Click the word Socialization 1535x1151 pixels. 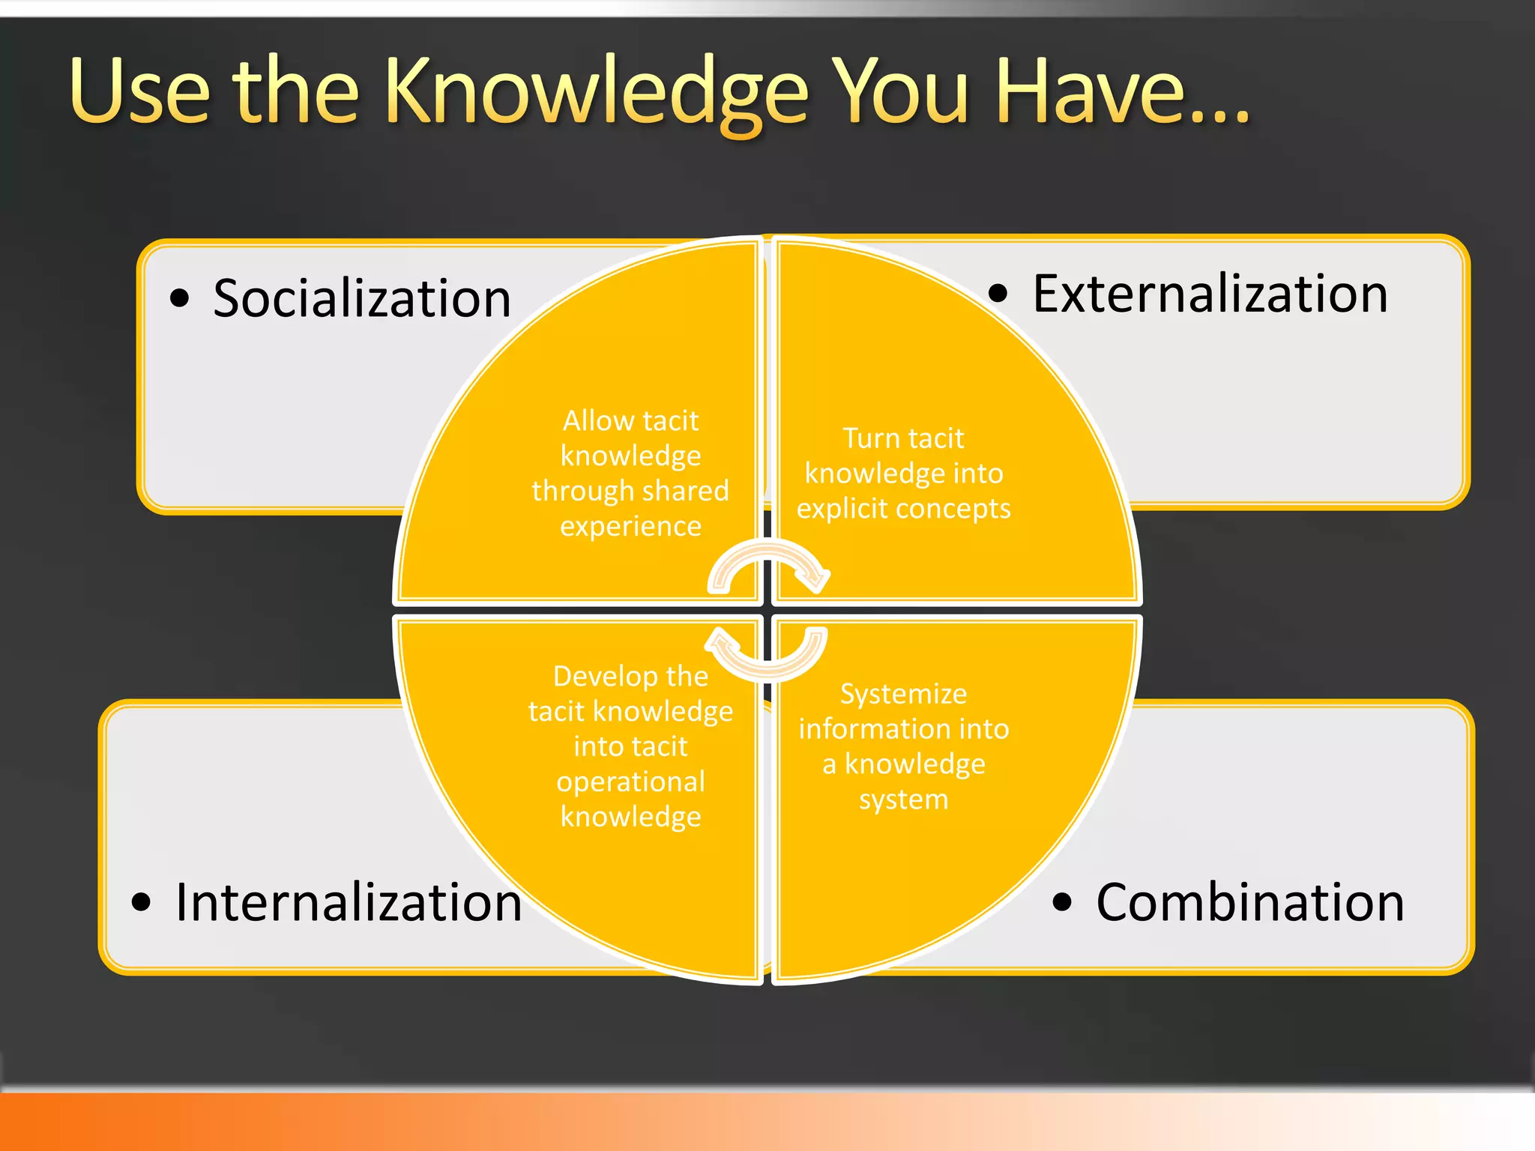[x=362, y=298]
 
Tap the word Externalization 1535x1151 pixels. [x=1210, y=293]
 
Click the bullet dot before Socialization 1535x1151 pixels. [x=180, y=298]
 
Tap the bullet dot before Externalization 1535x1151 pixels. [x=998, y=293]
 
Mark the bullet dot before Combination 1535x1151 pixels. [x=1062, y=901]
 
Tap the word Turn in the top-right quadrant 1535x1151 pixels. [x=870, y=438]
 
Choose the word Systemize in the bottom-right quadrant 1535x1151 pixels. [x=903, y=694]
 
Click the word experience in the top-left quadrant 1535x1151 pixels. [x=630, y=526]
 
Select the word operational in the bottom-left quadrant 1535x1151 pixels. [x=630, y=782]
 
